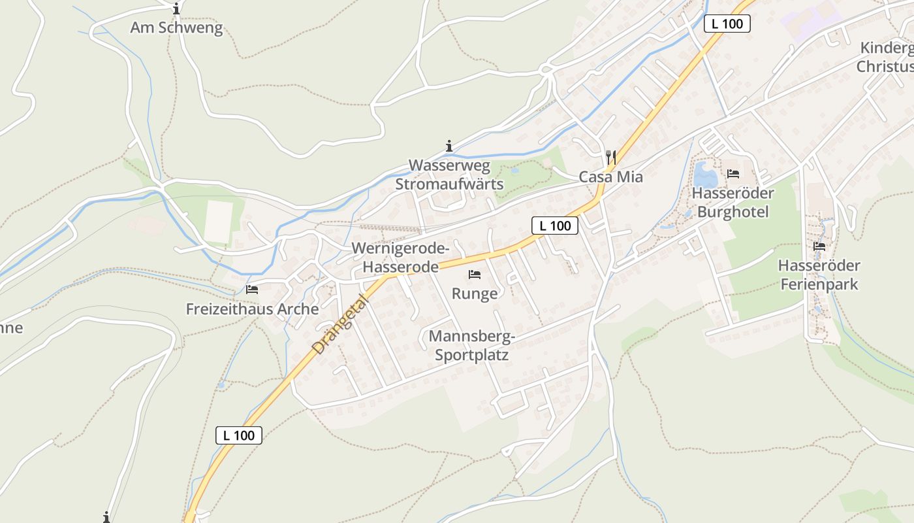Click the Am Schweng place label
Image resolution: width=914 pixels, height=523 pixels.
click(x=176, y=28)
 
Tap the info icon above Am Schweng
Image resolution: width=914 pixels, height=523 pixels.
click(x=176, y=9)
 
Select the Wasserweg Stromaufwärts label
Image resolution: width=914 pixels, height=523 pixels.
click(x=449, y=175)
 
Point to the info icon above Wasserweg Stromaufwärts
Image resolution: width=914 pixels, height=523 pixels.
click(x=449, y=146)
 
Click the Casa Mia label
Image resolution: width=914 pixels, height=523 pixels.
click(x=610, y=177)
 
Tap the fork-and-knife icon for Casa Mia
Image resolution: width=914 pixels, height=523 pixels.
click(x=611, y=157)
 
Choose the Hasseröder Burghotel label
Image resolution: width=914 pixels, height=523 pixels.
click(x=733, y=203)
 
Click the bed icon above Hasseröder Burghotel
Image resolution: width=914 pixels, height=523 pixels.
click(x=733, y=174)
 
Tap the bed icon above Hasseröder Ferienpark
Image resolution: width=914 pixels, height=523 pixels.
click(x=819, y=246)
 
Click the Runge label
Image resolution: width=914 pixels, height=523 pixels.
click(x=475, y=294)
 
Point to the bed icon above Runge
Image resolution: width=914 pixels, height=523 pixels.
click(x=475, y=275)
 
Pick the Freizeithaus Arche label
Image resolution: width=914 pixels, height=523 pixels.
click(x=252, y=309)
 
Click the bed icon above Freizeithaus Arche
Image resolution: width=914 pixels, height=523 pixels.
click(x=252, y=289)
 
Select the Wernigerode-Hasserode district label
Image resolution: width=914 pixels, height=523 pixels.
click(x=400, y=258)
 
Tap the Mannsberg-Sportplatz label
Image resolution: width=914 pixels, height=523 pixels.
click(x=471, y=346)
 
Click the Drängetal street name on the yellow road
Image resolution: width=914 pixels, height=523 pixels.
click(x=339, y=325)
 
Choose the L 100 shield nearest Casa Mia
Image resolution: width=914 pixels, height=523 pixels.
click(x=555, y=226)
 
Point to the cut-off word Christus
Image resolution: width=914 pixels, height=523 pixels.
click(x=885, y=67)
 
